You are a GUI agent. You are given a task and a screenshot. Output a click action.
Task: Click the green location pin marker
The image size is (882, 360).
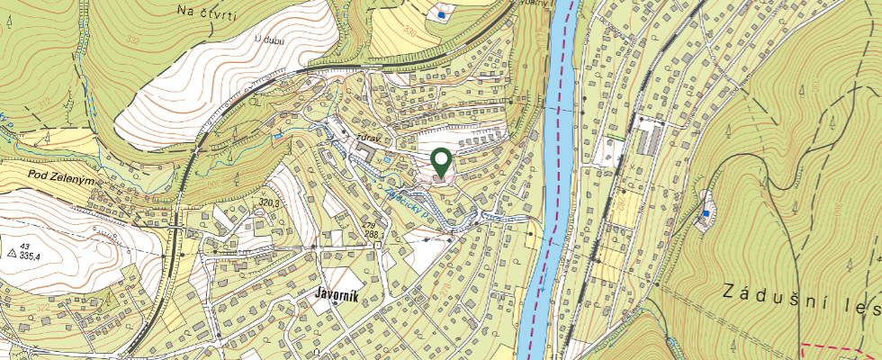point(441,162)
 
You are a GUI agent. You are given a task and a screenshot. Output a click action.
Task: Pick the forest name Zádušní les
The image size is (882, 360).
point(802,298)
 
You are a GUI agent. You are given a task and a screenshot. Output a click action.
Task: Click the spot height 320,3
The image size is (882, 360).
point(271,203)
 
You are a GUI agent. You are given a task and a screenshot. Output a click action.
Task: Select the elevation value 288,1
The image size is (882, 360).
point(372,234)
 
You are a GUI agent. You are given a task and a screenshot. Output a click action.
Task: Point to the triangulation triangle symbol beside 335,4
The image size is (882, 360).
point(12,255)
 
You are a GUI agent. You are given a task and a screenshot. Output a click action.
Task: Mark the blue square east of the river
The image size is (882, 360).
point(706,213)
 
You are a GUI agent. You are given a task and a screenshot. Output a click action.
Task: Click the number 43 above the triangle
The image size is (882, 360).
point(26,246)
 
